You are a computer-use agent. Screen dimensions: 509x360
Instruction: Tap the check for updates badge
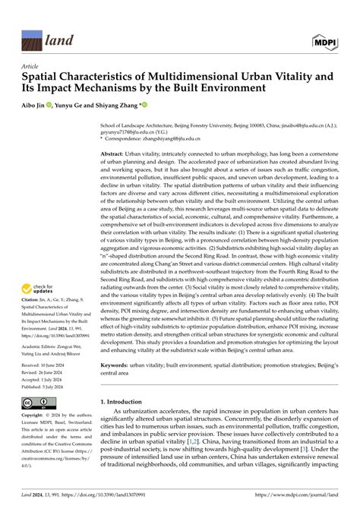(x=37, y=289)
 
